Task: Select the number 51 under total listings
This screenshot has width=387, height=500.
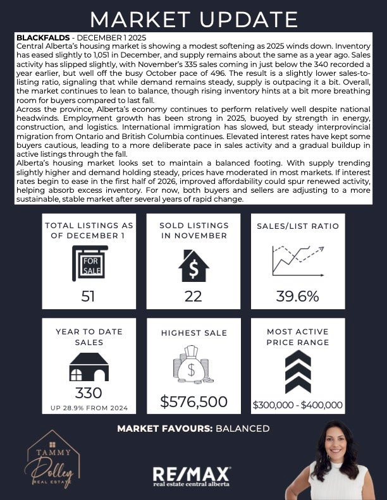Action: pos(89,296)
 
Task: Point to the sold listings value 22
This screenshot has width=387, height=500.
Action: pos(193,296)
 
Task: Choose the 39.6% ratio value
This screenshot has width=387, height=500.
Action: pos(297,296)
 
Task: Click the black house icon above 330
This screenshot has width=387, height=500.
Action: pos(89,367)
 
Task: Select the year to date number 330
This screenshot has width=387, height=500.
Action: pos(89,393)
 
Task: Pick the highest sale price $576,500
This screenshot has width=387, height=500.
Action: pos(193,401)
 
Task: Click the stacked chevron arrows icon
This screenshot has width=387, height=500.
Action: pos(297,371)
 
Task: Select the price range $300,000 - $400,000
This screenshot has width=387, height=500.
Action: pos(298,405)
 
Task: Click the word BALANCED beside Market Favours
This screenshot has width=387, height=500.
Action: pos(243,429)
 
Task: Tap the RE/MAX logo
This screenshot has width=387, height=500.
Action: pos(192,475)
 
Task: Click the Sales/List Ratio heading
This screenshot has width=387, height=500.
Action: pos(298,226)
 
